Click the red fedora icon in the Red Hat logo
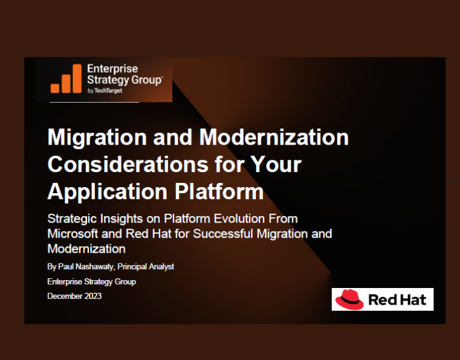click(x=350, y=299)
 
